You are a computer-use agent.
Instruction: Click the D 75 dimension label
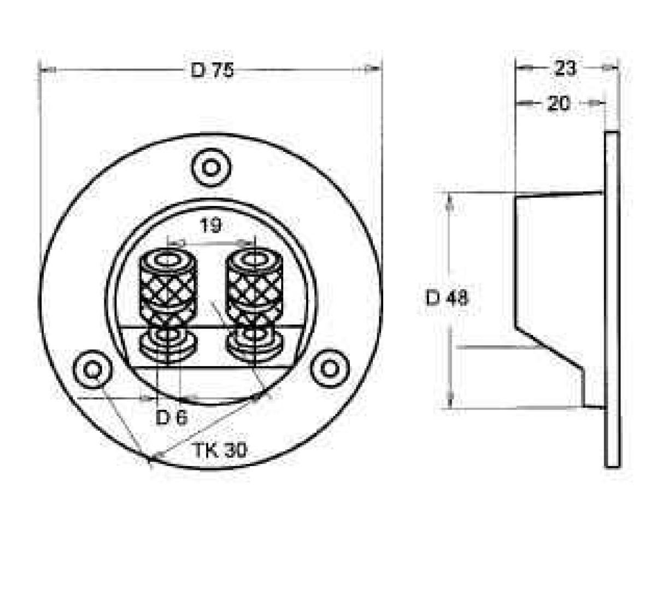[x=212, y=70]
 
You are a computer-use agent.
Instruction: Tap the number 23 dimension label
[x=565, y=69]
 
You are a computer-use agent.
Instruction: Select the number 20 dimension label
[x=559, y=103]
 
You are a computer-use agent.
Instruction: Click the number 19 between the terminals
[x=210, y=226]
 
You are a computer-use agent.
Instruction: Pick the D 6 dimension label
[x=172, y=418]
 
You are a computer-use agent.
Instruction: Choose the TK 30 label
[x=220, y=450]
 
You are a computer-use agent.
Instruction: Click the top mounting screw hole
[x=211, y=168]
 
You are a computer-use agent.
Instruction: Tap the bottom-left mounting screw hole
[x=93, y=369]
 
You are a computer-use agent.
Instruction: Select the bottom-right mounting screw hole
[x=330, y=369]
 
